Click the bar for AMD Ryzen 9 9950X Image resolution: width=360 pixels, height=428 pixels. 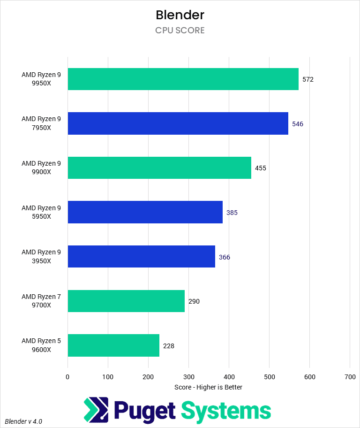[x=183, y=79]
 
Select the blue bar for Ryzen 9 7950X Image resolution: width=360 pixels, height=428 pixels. [x=178, y=123]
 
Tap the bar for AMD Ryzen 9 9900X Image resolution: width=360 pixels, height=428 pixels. [x=159, y=168]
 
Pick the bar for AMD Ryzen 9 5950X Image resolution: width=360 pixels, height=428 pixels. [x=145, y=212]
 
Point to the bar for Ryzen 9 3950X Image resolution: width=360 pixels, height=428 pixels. [x=141, y=256]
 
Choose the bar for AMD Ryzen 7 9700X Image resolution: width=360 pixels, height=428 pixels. [x=126, y=301]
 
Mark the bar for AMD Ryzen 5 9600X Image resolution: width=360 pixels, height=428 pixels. [x=113, y=345]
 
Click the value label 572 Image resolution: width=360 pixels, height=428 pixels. [x=308, y=79]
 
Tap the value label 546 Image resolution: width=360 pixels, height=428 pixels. [x=298, y=124]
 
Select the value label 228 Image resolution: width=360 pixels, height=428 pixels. [x=169, y=346]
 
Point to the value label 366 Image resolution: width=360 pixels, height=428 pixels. [x=225, y=257]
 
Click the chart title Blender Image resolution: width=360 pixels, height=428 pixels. [x=180, y=15]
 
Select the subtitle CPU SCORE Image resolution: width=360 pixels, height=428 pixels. [x=180, y=31]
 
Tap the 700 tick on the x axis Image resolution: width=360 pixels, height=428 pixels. [x=350, y=376]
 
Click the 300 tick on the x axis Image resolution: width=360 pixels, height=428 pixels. [x=188, y=376]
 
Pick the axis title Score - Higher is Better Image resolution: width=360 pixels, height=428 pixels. [x=208, y=387]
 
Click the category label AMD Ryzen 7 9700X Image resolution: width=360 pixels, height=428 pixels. [x=41, y=301]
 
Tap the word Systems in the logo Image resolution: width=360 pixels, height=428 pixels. [x=226, y=411]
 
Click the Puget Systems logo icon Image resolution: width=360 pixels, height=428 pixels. [x=96, y=410]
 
